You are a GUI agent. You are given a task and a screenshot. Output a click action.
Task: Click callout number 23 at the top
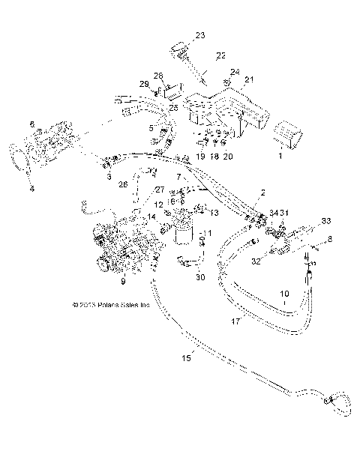pos(199,35)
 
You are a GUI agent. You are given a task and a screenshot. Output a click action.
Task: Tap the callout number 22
pos(220,55)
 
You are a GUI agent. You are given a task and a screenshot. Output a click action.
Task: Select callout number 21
pos(250,79)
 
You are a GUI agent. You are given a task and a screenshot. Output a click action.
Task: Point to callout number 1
pos(281,159)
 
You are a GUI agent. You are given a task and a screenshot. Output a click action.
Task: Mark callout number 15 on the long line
pos(187,358)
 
